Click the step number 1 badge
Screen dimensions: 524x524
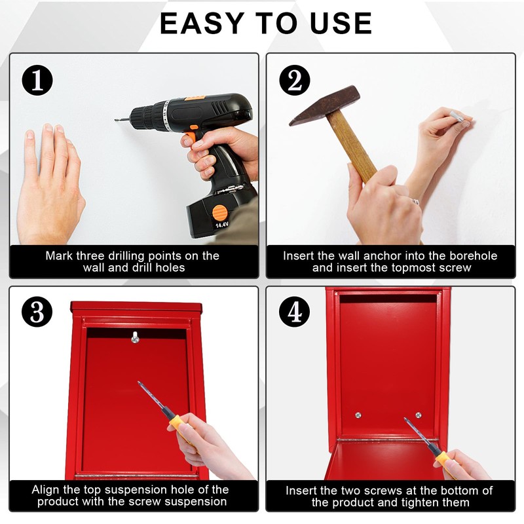tap(37, 80)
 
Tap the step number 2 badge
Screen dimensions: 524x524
tap(294, 80)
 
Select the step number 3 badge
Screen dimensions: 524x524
tap(37, 312)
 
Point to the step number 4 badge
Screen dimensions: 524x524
tap(294, 312)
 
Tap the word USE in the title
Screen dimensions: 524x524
tap(341, 24)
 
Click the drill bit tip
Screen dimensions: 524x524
tap(116, 120)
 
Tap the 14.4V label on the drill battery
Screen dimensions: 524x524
tap(221, 225)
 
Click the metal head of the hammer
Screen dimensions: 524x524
tap(324, 105)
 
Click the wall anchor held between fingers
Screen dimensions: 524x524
tap(457, 117)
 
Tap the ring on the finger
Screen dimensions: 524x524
tap(415, 202)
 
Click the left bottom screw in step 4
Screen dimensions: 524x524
tap(358, 415)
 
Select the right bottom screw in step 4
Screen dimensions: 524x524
tap(418, 415)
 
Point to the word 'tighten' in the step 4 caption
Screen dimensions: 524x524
tap(422, 502)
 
